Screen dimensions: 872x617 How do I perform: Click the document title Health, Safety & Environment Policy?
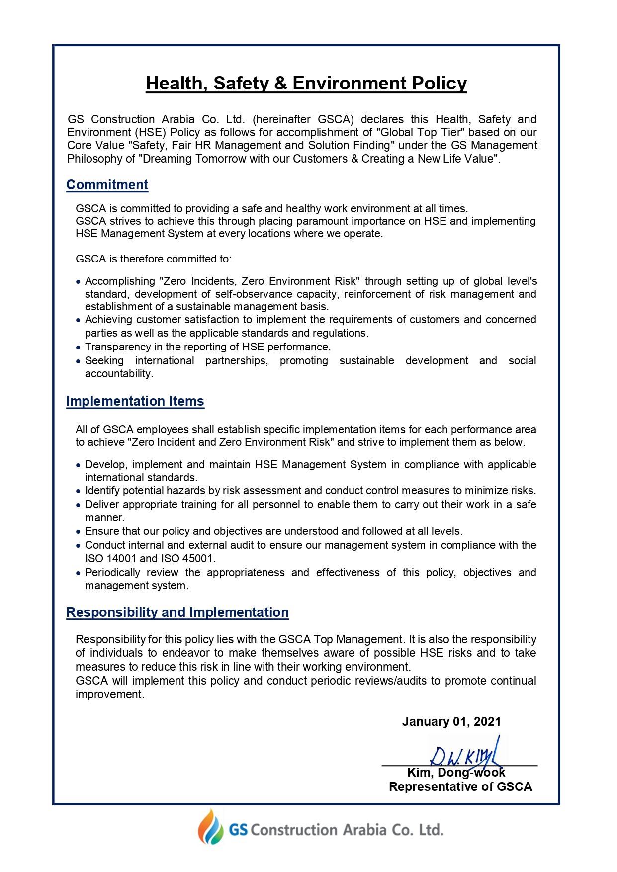(306, 84)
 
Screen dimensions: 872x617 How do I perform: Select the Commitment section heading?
(107, 185)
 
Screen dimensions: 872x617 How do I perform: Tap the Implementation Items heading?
(135, 401)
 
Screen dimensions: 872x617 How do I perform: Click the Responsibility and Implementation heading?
(177, 612)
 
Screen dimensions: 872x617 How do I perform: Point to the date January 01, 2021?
(451, 722)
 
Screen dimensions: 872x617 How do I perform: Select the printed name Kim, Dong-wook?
(456, 773)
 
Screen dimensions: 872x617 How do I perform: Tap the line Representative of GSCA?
(460, 787)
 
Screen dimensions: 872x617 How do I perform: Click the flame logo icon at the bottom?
(211, 828)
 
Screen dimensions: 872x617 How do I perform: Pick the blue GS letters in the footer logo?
(238, 830)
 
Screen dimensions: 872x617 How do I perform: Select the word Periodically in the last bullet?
(112, 573)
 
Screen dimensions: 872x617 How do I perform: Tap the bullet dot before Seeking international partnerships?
(78, 361)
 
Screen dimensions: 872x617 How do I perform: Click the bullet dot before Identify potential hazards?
(78, 491)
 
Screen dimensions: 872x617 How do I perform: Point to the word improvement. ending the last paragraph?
(110, 695)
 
